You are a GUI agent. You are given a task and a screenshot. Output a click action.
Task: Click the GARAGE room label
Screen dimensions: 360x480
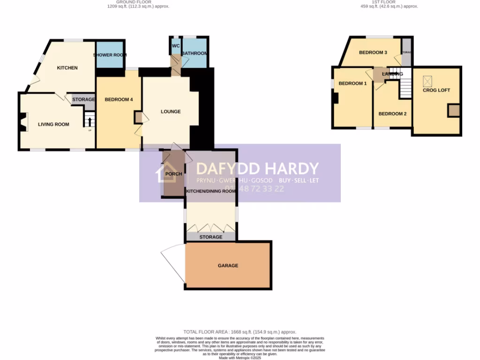point(228,266)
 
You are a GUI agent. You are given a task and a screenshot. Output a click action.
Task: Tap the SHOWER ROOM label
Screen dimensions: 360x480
point(110,55)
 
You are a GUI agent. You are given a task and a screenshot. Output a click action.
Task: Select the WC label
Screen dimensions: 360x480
point(176,46)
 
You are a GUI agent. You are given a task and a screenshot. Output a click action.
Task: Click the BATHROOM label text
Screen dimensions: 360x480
point(195,53)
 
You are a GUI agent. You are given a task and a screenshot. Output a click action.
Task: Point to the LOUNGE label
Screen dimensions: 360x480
point(171,112)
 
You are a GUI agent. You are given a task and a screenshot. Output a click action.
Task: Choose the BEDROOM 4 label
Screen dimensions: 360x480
point(119,99)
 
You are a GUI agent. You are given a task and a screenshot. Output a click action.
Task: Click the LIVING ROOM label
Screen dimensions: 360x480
point(53,124)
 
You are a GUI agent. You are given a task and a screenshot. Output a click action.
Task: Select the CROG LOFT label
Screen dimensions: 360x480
point(436,90)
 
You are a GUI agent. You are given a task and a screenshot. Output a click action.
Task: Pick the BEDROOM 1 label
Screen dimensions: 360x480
point(352,83)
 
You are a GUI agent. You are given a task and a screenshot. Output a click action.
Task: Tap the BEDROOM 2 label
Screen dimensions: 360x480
point(392,114)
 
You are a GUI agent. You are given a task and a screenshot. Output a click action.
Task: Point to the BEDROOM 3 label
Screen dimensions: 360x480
point(373,52)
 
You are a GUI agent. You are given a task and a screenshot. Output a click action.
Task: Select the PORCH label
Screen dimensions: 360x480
point(174,174)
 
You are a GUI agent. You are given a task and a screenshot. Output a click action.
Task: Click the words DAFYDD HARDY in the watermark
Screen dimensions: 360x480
point(257,169)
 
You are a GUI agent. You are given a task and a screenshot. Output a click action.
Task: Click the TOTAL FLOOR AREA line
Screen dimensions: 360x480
point(240,332)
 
